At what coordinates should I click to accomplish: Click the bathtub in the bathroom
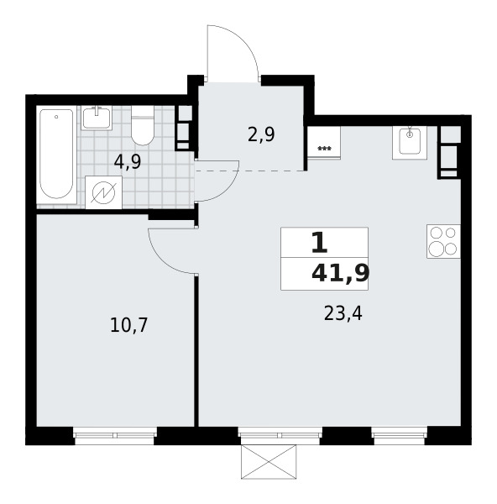tap(56, 155)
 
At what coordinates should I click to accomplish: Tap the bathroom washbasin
tap(97, 118)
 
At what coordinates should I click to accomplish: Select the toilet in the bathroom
tap(143, 126)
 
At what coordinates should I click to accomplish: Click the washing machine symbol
tap(103, 192)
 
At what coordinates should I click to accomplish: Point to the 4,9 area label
tap(128, 162)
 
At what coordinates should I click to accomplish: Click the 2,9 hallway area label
tap(261, 135)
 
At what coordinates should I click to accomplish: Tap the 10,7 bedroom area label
tap(128, 325)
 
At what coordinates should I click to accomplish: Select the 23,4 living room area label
tap(343, 313)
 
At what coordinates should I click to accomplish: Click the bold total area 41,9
tap(341, 274)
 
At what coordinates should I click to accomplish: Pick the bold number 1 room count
tap(320, 243)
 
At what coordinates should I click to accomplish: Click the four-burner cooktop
tap(443, 241)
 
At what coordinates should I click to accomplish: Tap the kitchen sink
tap(410, 143)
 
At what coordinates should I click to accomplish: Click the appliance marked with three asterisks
tap(324, 142)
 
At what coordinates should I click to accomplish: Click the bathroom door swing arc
tap(227, 191)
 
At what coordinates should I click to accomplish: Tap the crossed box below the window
tap(269, 462)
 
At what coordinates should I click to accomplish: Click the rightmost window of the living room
tap(400, 435)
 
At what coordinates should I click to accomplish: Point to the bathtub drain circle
tap(56, 117)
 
